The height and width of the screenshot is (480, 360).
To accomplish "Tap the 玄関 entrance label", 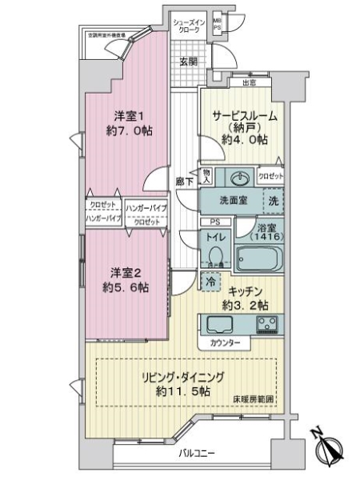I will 188,62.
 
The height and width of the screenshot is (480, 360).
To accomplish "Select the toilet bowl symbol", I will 214,256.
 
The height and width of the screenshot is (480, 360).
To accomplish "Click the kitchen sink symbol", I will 220,324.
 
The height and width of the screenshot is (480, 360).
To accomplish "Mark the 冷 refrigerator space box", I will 210,282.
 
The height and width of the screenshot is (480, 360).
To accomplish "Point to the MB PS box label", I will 218,25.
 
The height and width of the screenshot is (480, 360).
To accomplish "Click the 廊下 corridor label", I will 183,182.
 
